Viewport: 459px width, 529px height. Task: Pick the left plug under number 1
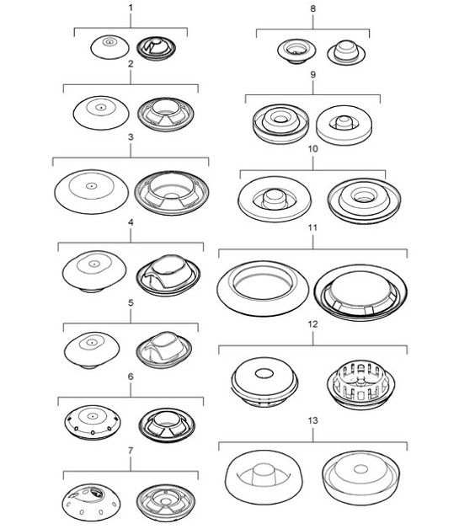[110, 47]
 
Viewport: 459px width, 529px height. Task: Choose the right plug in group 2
[165, 114]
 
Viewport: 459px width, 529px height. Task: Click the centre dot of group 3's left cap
[90, 185]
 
